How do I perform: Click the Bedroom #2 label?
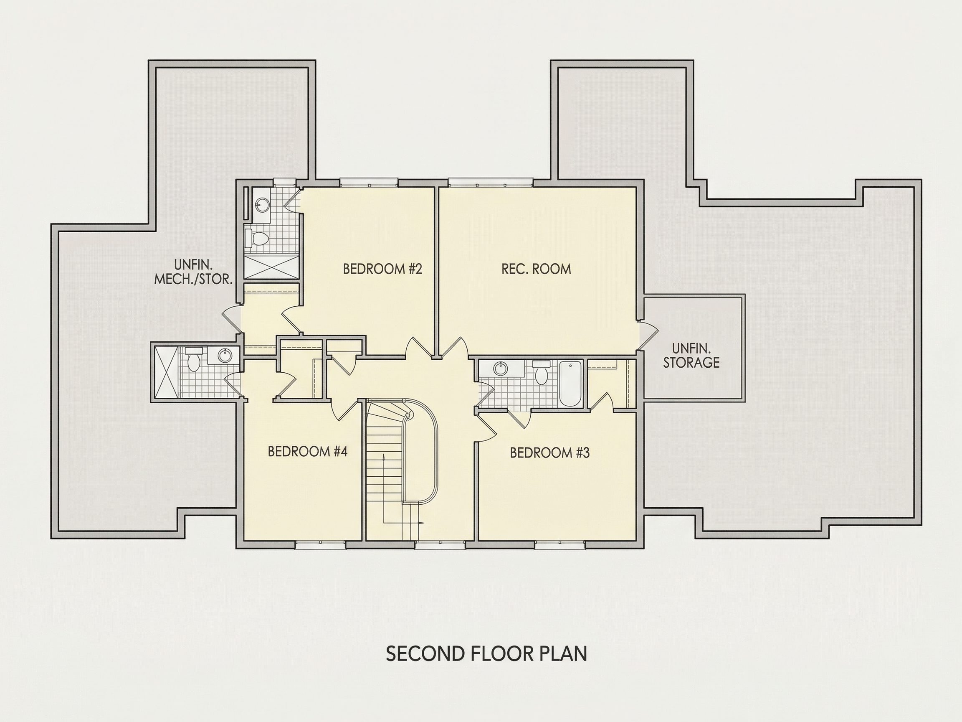(382, 269)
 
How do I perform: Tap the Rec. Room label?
(536, 269)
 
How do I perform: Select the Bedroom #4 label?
(307, 451)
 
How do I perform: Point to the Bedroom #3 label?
(550, 453)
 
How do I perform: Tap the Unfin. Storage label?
(691, 356)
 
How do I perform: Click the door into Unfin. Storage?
(648, 336)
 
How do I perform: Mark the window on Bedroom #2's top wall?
(369, 182)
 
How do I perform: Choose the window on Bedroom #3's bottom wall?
(560, 544)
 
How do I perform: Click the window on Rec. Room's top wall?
(491, 182)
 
